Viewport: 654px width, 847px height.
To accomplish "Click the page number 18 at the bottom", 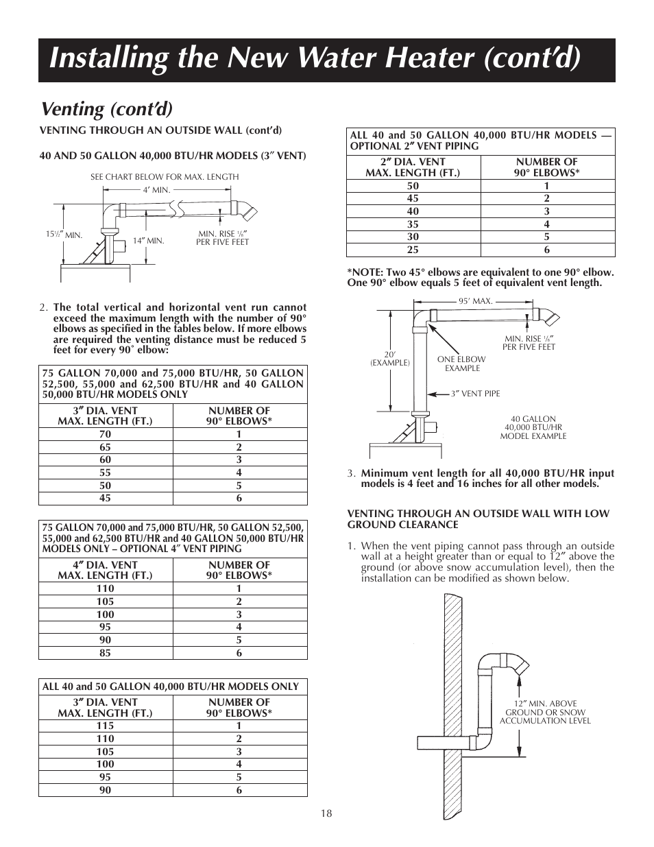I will click(x=326, y=813).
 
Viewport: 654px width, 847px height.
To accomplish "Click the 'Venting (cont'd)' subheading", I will click(x=107, y=109).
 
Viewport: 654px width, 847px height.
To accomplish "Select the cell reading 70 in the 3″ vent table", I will click(x=105, y=434).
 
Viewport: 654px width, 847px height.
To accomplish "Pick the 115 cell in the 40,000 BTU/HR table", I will click(x=105, y=726).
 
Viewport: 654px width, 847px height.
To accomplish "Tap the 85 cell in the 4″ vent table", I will click(x=105, y=653).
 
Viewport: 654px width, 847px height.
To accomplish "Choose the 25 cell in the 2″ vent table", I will click(x=413, y=250).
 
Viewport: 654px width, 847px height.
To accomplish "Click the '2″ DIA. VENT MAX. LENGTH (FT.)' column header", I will click(x=413, y=167).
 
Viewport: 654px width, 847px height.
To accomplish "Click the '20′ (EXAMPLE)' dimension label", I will click(x=389, y=359).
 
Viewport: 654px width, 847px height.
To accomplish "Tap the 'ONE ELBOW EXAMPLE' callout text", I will click(x=461, y=363).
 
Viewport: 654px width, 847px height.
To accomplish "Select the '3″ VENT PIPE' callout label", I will click(x=475, y=394).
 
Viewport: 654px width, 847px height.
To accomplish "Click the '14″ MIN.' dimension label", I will click(x=148, y=241).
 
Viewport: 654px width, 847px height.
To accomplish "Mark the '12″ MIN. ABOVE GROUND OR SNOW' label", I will click(x=545, y=712).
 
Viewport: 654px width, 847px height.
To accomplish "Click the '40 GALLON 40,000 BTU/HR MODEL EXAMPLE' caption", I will click(x=533, y=427).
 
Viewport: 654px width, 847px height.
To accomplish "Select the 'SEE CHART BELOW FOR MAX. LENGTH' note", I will click(x=165, y=177).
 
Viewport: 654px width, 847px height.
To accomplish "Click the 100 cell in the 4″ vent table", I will click(x=105, y=615).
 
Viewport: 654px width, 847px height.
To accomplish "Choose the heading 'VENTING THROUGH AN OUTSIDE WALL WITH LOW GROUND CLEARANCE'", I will click(x=478, y=519).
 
